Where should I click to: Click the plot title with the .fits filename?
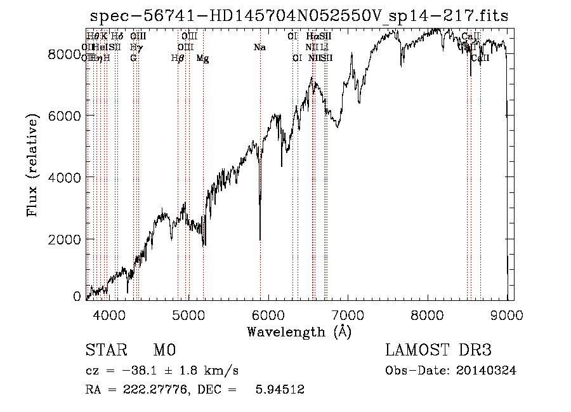click(299, 16)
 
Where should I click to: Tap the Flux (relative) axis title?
click(32, 166)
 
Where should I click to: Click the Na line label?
click(259, 48)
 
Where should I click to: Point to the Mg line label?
click(202, 58)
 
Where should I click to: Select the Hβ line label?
click(178, 58)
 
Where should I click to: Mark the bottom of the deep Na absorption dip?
click(260, 239)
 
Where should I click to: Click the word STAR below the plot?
click(104, 350)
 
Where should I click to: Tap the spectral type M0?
click(164, 350)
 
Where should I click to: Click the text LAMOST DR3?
click(438, 350)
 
